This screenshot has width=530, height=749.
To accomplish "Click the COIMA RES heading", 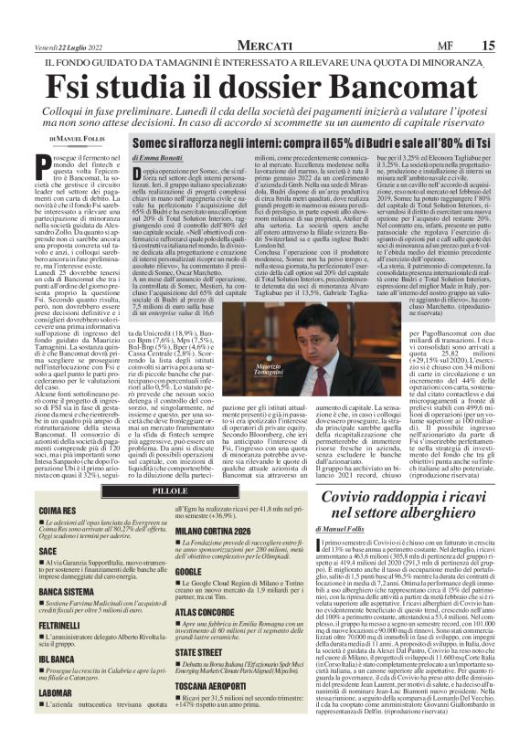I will [58, 511].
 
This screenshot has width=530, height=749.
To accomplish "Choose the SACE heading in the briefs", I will [48, 553].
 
